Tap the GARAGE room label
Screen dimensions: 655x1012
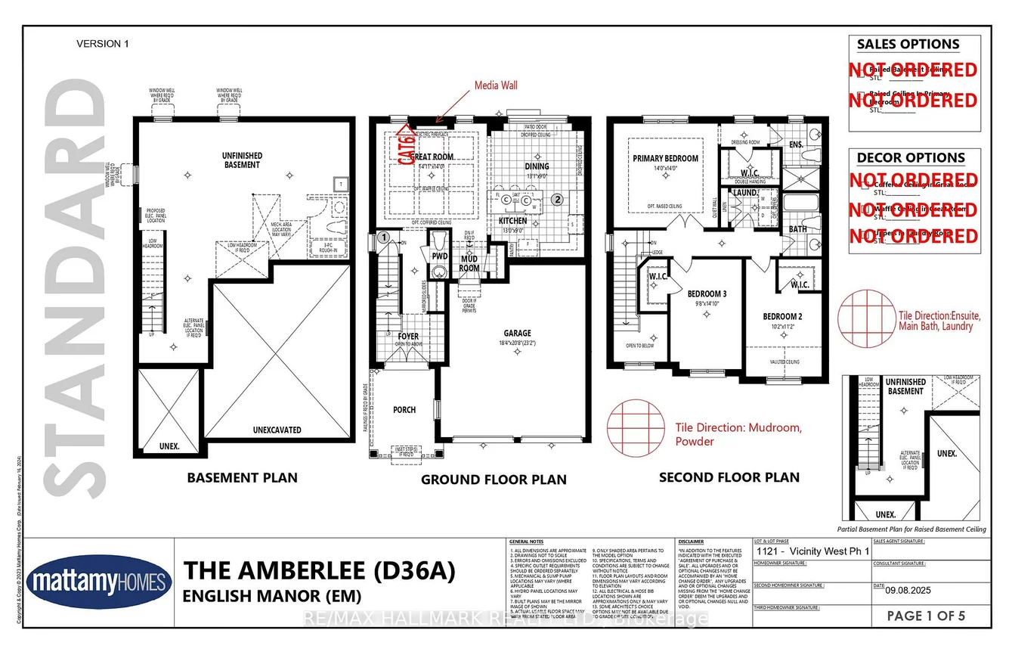518,333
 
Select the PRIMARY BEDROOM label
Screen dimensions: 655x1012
665,159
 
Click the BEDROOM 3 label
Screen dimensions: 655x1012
707,293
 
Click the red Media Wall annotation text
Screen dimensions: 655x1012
496,85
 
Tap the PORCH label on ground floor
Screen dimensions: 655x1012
404,410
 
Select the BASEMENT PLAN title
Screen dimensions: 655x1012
242,477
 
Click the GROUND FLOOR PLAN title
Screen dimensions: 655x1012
493,480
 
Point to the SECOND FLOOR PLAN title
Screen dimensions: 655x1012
729,477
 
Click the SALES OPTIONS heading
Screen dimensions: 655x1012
908,44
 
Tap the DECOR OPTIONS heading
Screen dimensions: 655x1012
910,158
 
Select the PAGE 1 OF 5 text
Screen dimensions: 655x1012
927,616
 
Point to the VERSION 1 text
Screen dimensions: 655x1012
103,44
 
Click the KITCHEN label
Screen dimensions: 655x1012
512,221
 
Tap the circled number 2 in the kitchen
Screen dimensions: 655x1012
557,200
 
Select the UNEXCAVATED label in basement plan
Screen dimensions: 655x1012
276,430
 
